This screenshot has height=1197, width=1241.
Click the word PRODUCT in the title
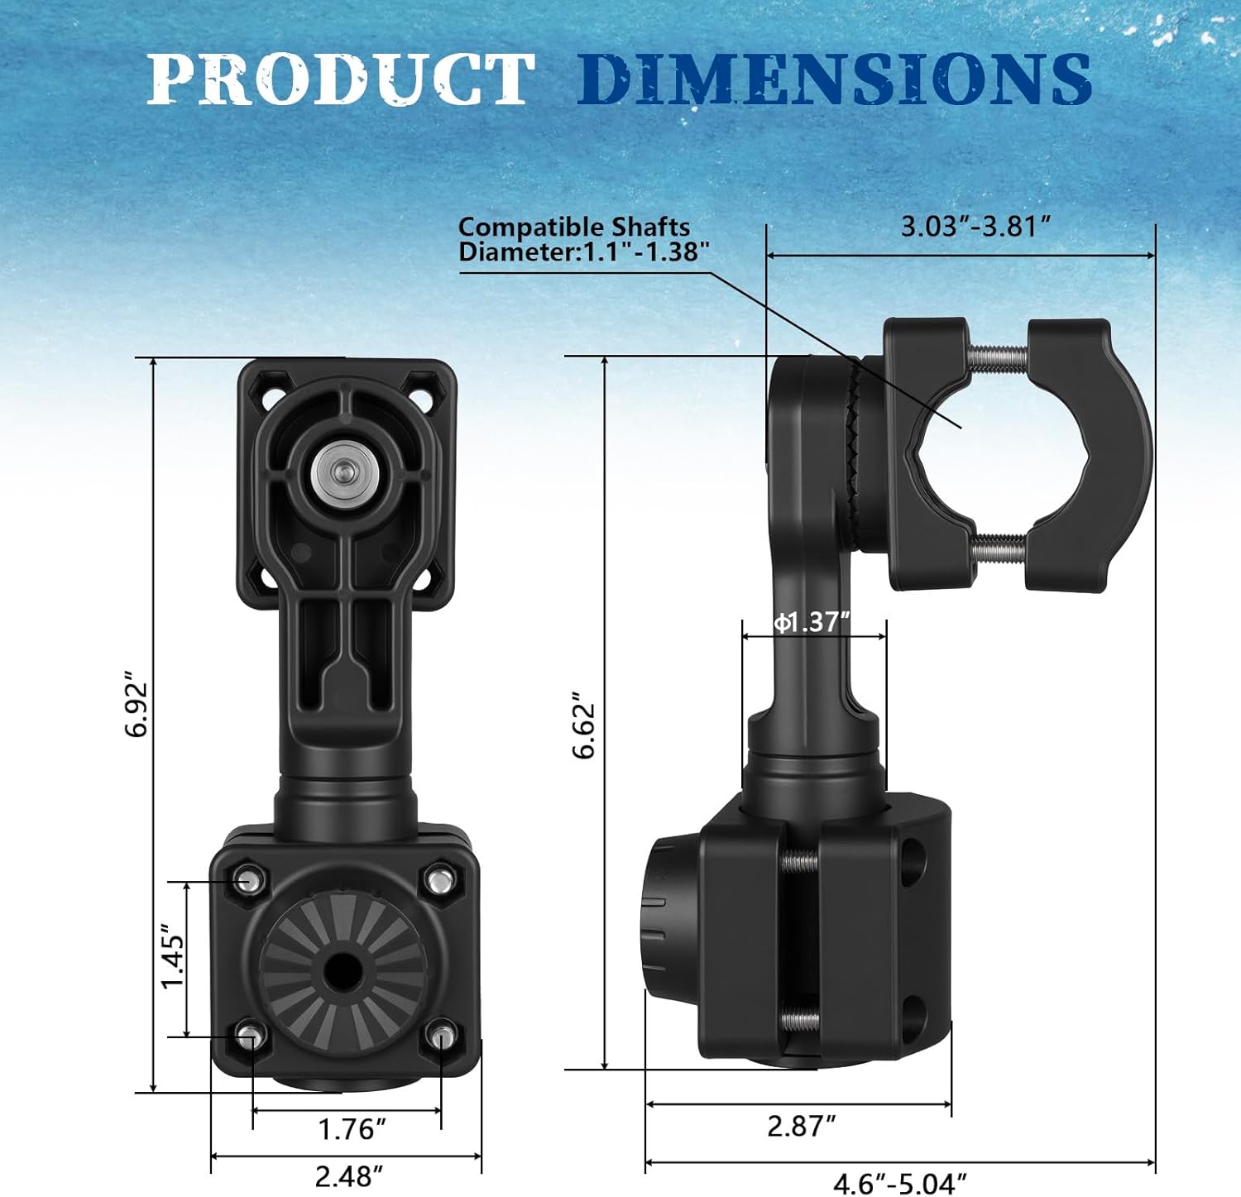point(339,79)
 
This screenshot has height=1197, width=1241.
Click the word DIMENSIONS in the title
point(833,79)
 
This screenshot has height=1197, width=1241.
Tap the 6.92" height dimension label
point(137,708)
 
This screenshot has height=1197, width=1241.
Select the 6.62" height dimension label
point(584,725)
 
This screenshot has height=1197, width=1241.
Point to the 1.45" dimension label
point(173,956)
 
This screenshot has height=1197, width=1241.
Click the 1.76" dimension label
point(352,1128)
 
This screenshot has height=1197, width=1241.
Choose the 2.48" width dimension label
point(349,1175)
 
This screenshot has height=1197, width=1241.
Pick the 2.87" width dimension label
point(801,1126)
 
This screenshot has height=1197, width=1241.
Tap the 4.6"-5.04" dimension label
point(899,1184)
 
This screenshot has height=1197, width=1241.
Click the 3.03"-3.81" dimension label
point(975,227)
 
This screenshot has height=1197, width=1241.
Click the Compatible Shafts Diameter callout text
point(582,239)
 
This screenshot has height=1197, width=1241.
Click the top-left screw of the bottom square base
point(248,879)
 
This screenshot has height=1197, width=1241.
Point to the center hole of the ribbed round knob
point(342,970)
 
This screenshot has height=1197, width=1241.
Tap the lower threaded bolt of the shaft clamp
point(999,548)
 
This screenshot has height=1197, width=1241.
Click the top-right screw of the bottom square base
point(439,879)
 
